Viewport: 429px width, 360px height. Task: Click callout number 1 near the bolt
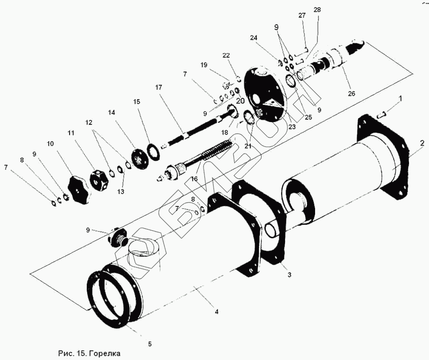click(400, 99)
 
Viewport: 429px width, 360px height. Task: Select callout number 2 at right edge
click(422, 143)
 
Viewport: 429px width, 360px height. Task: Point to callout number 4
click(216, 311)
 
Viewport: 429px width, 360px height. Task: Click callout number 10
click(51, 143)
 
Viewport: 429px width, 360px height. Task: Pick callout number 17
click(159, 88)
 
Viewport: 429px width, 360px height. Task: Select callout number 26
click(351, 93)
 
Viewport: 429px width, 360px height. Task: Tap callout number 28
click(317, 10)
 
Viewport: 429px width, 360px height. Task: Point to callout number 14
click(112, 113)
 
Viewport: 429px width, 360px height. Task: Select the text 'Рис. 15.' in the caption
click(71, 353)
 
